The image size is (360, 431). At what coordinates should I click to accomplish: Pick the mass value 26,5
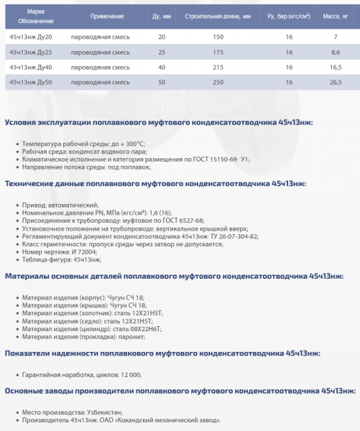(335, 83)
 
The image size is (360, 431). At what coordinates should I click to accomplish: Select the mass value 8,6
(335, 52)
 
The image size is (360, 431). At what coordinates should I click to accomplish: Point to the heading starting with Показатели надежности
(162, 353)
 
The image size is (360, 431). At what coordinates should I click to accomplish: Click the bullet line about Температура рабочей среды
(83, 144)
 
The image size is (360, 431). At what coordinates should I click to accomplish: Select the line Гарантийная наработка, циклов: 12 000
(82, 375)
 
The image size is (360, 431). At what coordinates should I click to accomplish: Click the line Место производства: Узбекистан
(72, 412)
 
